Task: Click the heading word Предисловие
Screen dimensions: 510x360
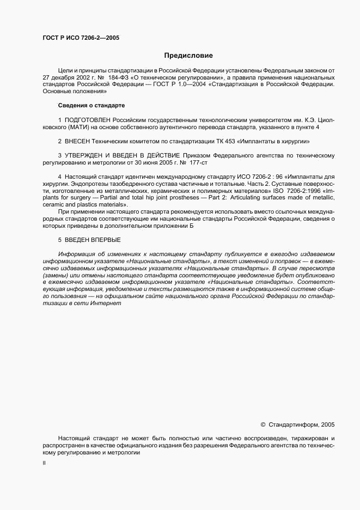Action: (x=189, y=56)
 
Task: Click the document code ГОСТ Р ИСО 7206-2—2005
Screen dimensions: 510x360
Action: (x=81, y=38)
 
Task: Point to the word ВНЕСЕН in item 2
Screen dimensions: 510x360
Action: (x=77, y=141)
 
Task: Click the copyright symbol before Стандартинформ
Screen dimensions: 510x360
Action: (x=263, y=424)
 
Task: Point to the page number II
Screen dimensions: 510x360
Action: (x=44, y=463)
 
